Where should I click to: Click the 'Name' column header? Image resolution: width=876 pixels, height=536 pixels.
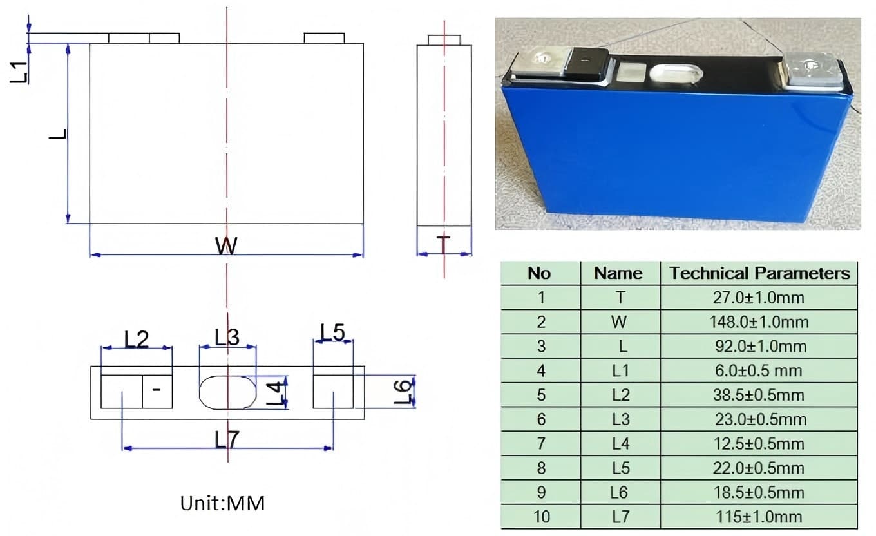pyautogui.click(x=618, y=273)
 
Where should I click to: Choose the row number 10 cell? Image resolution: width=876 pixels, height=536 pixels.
pyautogui.click(x=540, y=517)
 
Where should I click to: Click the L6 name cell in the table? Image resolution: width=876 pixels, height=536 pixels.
pyautogui.click(x=618, y=493)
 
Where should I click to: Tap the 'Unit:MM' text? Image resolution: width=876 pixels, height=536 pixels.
pyautogui.click(x=222, y=503)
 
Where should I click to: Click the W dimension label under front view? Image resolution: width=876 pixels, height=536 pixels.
pyautogui.click(x=226, y=245)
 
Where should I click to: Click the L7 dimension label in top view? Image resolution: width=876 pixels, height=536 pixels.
pyautogui.click(x=227, y=440)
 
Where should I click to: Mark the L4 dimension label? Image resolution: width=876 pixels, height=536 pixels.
pyautogui.click(x=275, y=394)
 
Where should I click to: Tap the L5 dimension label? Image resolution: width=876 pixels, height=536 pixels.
pyautogui.click(x=332, y=333)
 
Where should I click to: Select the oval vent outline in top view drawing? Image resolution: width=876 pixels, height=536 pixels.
pyautogui.click(x=227, y=392)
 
